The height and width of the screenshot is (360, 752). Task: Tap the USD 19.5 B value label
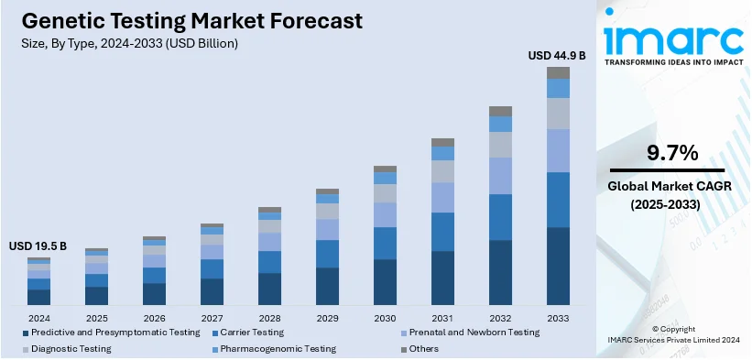pyautogui.click(x=38, y=246)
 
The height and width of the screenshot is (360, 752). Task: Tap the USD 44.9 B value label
pyautogui.click(x=557, y=55)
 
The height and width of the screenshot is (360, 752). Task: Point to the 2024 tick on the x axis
pyautogui.click(x=38, y=317)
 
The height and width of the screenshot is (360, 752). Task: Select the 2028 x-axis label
pyautogui.click(x=269, y=317)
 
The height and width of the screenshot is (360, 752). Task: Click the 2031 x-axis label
pyautogui.click(x=442, y=317)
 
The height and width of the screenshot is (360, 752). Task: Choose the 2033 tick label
pyautogui.click(x=558, y=317)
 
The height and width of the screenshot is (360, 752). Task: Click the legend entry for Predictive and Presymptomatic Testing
pyautogui.click(x=109, y=333)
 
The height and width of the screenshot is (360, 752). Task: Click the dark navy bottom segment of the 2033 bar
pyautogui.click(x=558, y=266)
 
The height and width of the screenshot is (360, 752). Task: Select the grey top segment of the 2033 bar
pyautogui.click(x=558, y=72)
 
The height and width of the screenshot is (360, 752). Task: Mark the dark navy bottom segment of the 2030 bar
pyautogui.click(x=385, y=282)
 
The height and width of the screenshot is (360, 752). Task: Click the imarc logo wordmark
pyautogui.click(x=673, y=38)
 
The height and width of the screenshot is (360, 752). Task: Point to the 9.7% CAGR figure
pyautogui.click(x=673, y=152)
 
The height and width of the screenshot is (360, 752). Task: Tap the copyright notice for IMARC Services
pyautogui.click(x=673, y=333)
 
